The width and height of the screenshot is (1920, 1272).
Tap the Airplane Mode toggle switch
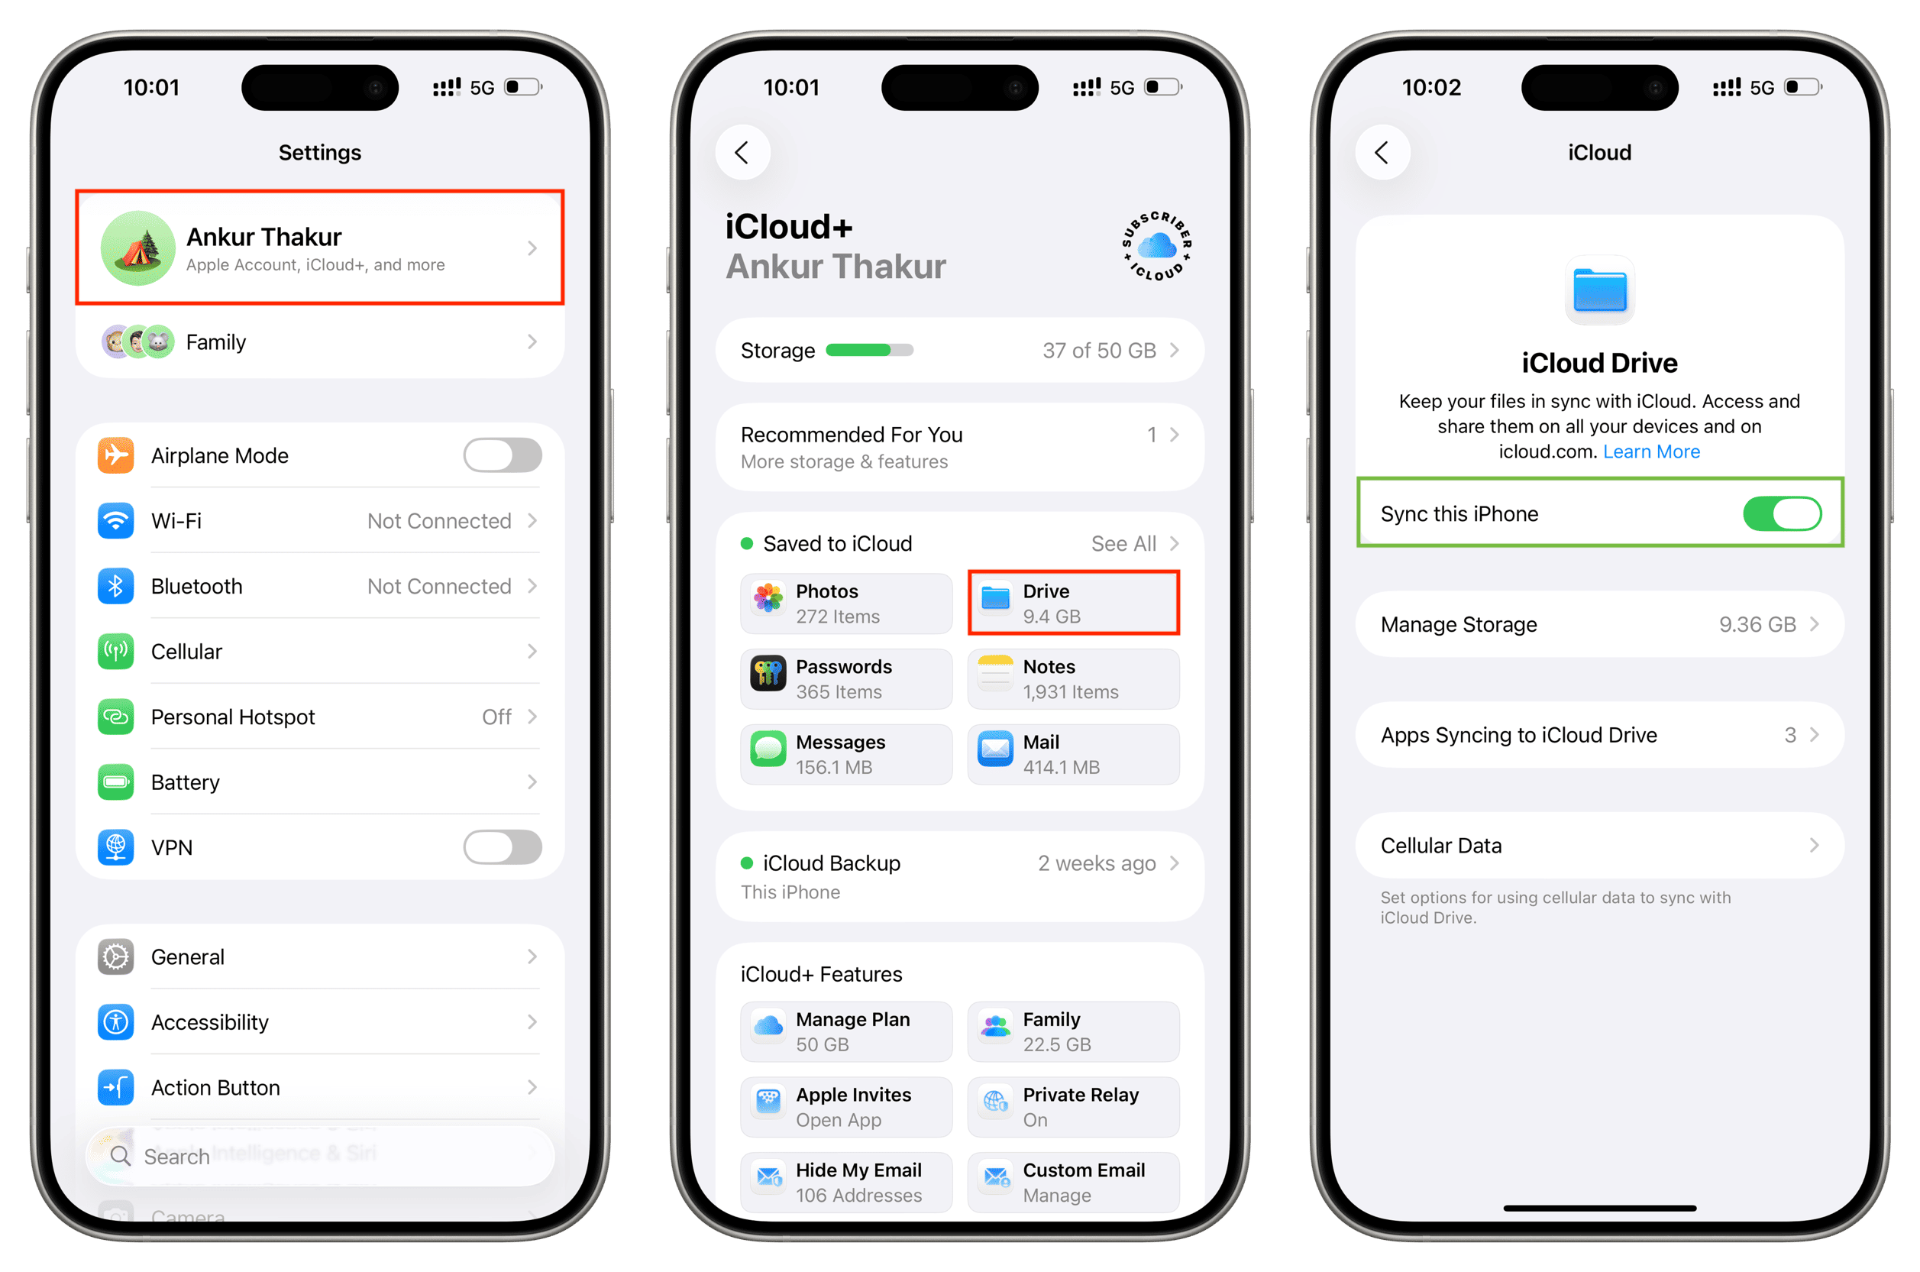point(502,455)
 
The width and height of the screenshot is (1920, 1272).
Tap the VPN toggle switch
point(502,847)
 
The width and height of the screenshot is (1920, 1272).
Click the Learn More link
point(1651,452)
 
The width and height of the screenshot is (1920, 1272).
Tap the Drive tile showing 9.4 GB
point(1073,603)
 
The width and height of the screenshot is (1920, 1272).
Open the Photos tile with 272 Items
point(845,603)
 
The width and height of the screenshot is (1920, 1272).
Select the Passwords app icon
point(767,672)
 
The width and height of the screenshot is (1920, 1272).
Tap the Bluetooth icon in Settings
point(116,586)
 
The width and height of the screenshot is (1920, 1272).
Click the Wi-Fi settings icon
point(116,520)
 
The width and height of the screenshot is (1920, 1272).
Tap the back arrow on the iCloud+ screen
point(742,153)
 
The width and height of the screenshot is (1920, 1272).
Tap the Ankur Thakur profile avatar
point(137,248)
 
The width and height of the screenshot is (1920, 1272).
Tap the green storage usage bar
point(869,350)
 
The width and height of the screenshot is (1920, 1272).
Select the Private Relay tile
point(1073,1106)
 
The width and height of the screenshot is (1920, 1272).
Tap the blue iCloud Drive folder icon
point(1599,290)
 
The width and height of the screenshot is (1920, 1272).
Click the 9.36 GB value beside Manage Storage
point(1757,625)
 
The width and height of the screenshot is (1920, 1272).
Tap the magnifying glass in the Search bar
point(121,1155)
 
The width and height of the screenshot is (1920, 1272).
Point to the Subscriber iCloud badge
point(1157,246)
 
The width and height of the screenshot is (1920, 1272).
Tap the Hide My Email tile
point(845,1182)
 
